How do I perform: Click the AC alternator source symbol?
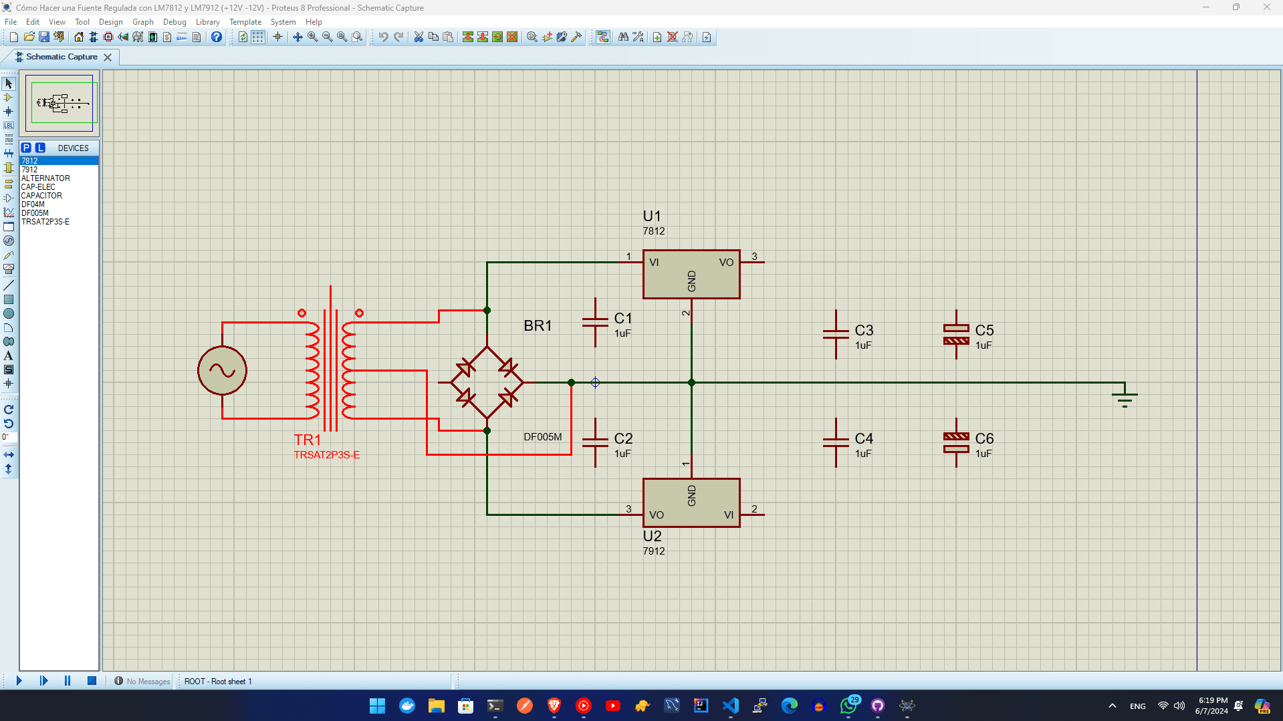(x=222, y=371)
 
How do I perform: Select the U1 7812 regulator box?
(x=691, y=274)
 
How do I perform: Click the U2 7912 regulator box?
(x=691, y=502)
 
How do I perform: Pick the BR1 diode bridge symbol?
(x=487, y=382)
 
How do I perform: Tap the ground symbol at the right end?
(x=1125, y=397)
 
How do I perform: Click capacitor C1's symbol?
(x=595, y=323)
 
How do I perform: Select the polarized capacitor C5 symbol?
(x=956, y=334)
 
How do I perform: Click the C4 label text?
(x=864, y=438)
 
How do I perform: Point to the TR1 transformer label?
(x=308, y=440)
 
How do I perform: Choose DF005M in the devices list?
(x=35, y=213)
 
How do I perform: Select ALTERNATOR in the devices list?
(x=45, y=178)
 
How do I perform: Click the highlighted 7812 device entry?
(x=29, y=161)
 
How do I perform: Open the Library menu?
(x=207, y=22)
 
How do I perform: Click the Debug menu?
(x=174, y=22)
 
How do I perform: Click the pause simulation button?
(x=68, y=680)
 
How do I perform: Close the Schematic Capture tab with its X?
(x=108, y=57)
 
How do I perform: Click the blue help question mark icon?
(x=216, y=37)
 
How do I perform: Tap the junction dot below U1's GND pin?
(x=691, y=383)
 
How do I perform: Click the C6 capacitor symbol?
(x=956, y=442)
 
